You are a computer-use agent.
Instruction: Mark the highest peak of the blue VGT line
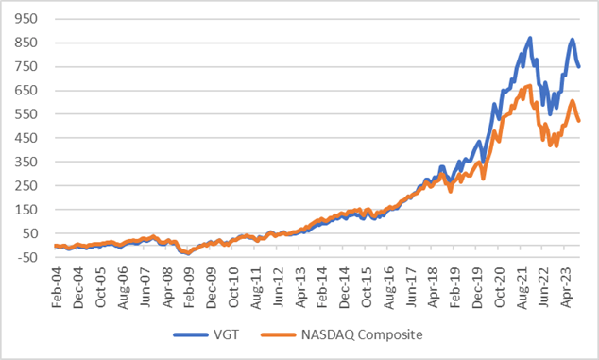click(530, 39)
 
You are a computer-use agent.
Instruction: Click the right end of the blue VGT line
click(579, 66)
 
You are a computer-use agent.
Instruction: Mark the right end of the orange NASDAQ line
click(579, 120)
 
